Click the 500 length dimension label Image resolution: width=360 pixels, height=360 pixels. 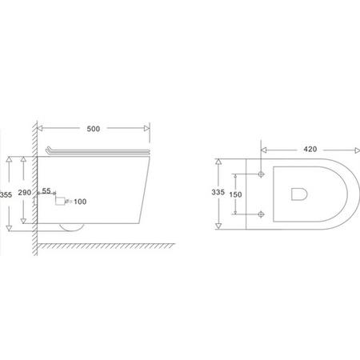94,129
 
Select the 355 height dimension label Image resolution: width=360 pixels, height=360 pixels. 6,195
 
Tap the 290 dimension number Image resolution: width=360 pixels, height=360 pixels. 25,192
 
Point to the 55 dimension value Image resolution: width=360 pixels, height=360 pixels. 46,190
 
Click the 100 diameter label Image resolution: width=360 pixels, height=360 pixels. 80,202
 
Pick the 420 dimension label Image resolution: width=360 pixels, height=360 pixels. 310,149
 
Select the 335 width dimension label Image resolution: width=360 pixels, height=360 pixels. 218,192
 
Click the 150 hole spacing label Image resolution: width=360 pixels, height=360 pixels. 235,194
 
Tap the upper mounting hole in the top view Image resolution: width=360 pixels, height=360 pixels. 261,174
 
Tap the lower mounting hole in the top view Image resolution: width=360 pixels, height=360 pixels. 261,214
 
